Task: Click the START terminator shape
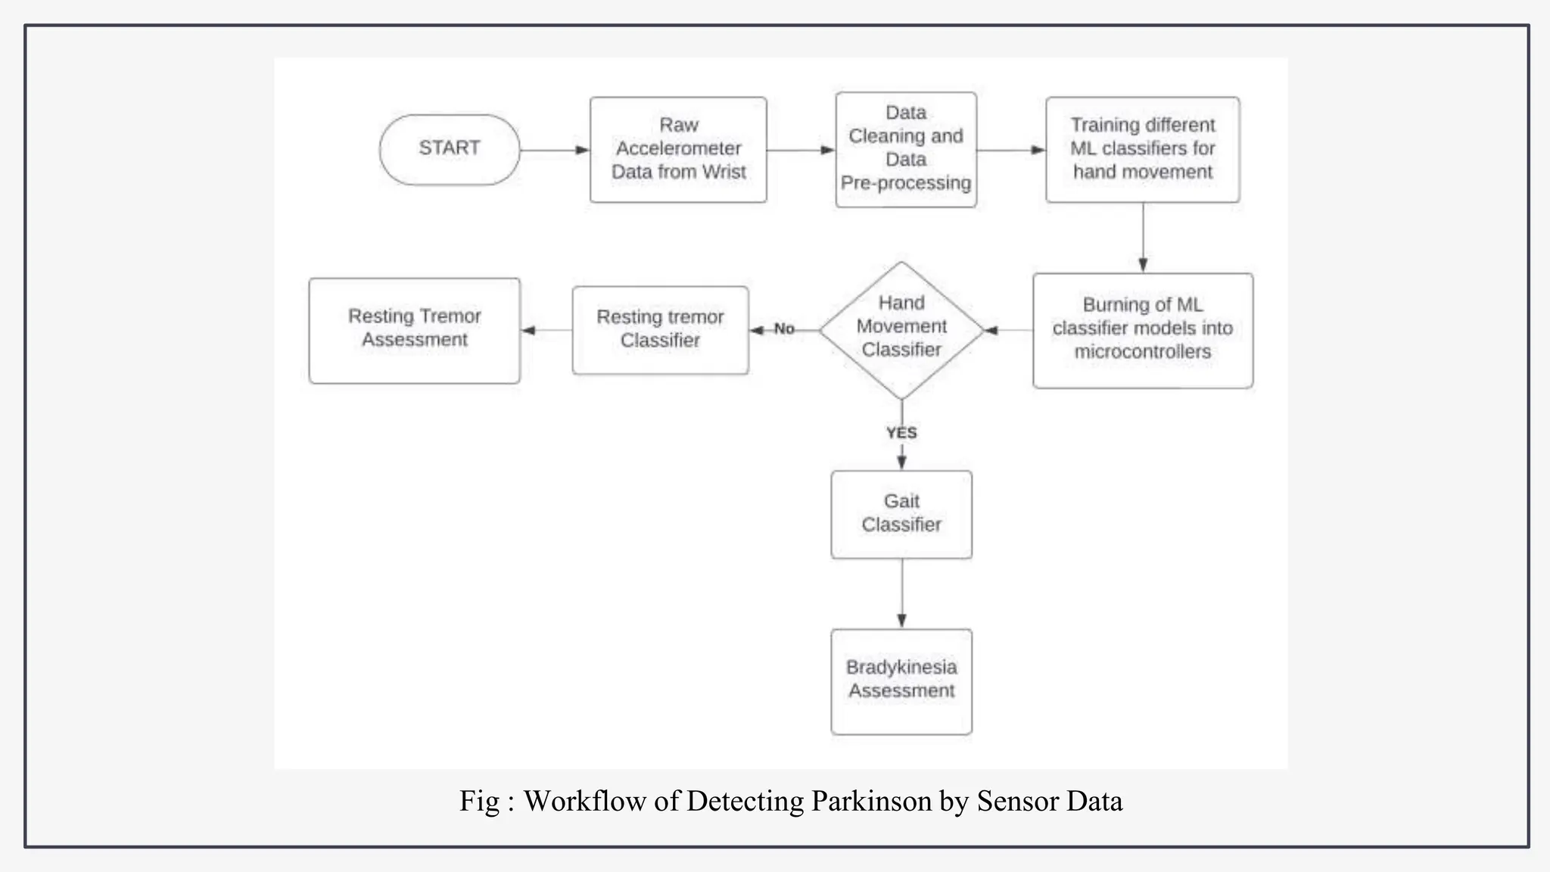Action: click(450, 149)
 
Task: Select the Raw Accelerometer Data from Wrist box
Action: click(678, 149)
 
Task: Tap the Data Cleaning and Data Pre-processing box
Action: click(906, 149)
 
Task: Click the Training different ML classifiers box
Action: click(1142, 149)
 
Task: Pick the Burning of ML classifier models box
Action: click(1142, 330)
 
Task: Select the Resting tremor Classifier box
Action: click(660, 330)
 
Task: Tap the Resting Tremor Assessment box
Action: click(415, 330)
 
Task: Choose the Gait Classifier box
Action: click(901, 514)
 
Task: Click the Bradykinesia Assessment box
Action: click(901, 680)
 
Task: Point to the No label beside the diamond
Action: click(784, 329)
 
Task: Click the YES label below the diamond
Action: click(901, 433)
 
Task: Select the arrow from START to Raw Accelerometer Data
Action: click(555, 150)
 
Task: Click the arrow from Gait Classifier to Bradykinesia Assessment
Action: click(901, 593)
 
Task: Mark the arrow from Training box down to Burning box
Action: click(1143, 237)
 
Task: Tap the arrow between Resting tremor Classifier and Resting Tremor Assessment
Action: click(546, 330)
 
